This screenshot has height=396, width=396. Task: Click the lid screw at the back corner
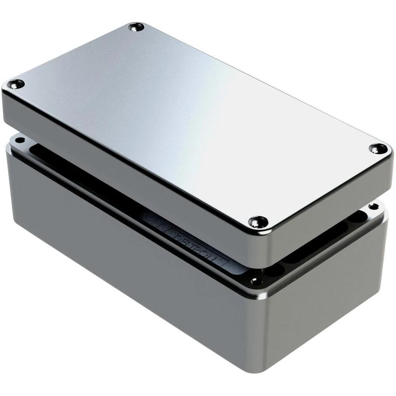tap(136, 27)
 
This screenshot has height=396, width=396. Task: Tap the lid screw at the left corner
tap(16, 84)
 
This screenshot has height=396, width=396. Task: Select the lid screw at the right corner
tap(378, 148)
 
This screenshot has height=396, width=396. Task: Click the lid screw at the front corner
tap(258, 221)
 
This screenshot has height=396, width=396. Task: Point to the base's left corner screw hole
tap(19, 140)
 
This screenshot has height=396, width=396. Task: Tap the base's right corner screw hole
tap(373, 206)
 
